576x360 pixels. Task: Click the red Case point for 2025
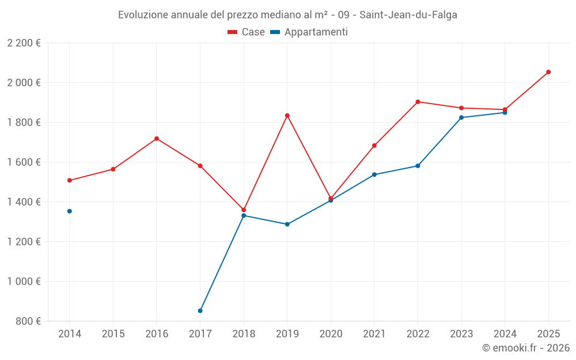click(x=548, y=72)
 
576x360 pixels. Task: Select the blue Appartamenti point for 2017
click(x=200, y=310)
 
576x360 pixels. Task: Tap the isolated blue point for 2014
click(x=70, y=211)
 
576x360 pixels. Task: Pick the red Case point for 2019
click(x=287, y=115)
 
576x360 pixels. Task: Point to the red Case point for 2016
click(x=157, y=138)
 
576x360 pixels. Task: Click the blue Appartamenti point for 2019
click(x=287, y=224)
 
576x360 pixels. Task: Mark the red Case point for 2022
click(x=418, y=102)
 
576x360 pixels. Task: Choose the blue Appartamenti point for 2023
click(x=461, y=118)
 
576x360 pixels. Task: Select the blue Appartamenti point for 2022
click(x=418, y=166)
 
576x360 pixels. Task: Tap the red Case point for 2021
click(x=374, y=146)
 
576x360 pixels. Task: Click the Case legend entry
click(x=246, y=32)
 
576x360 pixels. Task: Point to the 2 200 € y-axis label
click(x=24, y=43)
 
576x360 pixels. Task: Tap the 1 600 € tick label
click(x=24, y=162)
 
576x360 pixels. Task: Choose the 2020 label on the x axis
click(x=331, y=334)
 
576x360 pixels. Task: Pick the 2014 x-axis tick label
click(x=70, y=334)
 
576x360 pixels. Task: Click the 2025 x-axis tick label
click(x=548, y=334)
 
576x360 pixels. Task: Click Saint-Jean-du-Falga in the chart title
click(x=408, y=15)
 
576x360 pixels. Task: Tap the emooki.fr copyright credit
click(x=525, y=348)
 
